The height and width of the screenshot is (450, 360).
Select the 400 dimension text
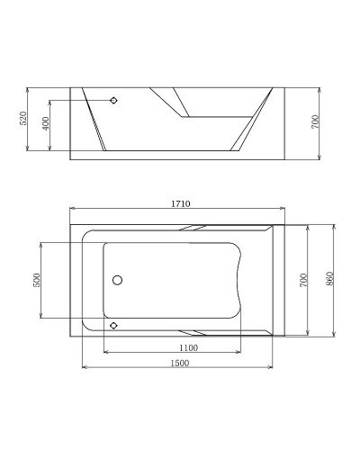coord(46,123)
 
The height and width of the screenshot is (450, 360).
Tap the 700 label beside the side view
coord(315,123)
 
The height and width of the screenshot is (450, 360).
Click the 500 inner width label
coord(37,280)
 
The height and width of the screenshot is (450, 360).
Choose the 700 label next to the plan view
coord(304,280)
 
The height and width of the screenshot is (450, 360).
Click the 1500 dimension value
coord(178,362)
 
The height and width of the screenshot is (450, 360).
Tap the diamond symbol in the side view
coord(113,100)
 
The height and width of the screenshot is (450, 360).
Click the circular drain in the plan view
coord(116,281)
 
